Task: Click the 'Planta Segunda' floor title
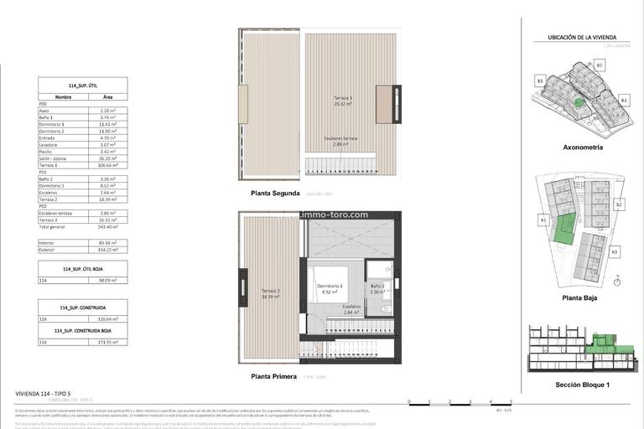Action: pyautogui.click(x=275, y=193)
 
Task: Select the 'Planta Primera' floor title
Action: pyautogui.click(x=273, y=377)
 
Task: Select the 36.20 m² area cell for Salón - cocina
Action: pyautogui.click(x=108, y=158)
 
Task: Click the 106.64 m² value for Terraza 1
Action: pyautogui.click(x=108, y=166)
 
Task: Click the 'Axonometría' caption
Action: pyautogui.click(x=583, y=147)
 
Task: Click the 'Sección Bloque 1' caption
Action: pyautogui.click(x=583, y=385)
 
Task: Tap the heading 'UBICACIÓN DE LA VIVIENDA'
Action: pyautogui.click(x=582, y=38)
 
